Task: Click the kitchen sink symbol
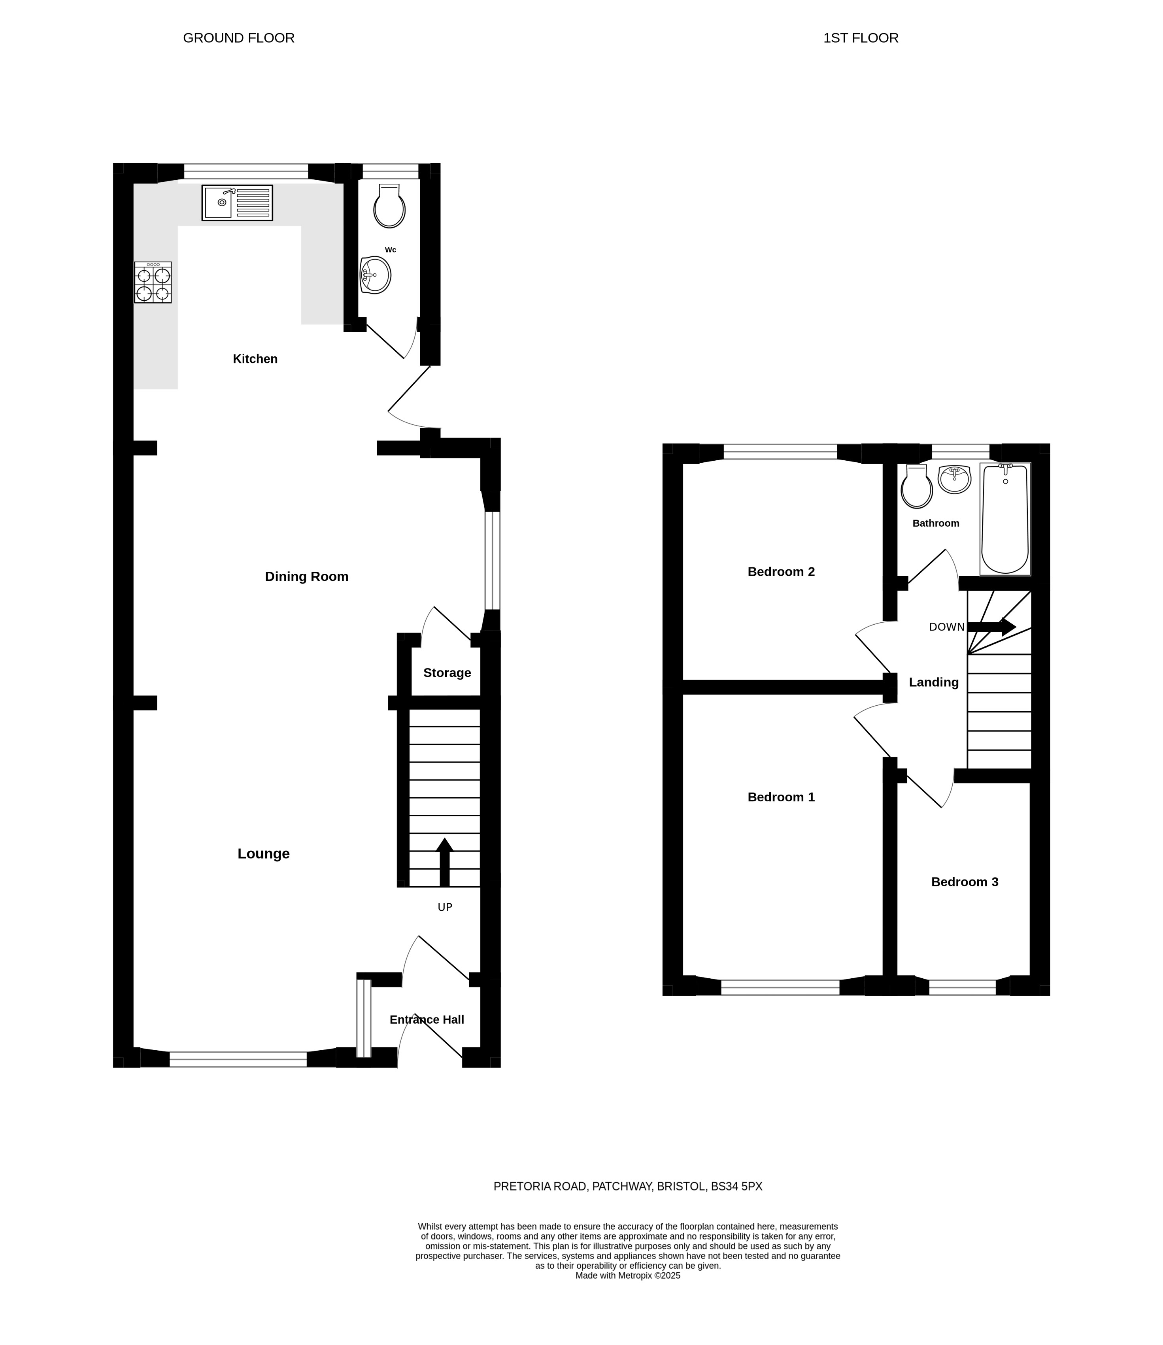pos(237,203)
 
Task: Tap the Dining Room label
pos(306,576)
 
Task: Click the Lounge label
pos(264,853)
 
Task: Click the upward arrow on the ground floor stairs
pos(445,862)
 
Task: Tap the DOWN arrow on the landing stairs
pos(991,626)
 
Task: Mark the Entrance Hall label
pos(427,1020)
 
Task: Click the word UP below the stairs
pos(445,908)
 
